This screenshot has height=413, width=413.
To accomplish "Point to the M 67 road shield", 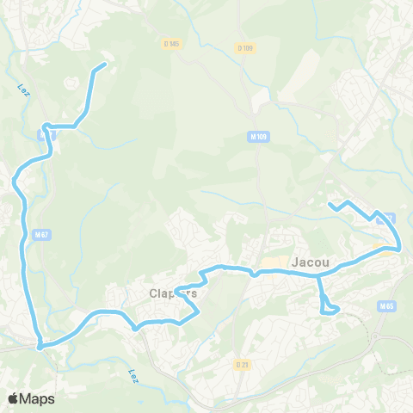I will (x=41, y=233).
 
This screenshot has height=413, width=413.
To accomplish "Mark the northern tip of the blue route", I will (x=105, y=65).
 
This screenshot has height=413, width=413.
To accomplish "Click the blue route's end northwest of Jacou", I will (x=330, y=205).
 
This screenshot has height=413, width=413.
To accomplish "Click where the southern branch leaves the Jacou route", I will (x=318, y=274).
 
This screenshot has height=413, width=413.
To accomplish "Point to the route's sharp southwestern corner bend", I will (x=40, y=346).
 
